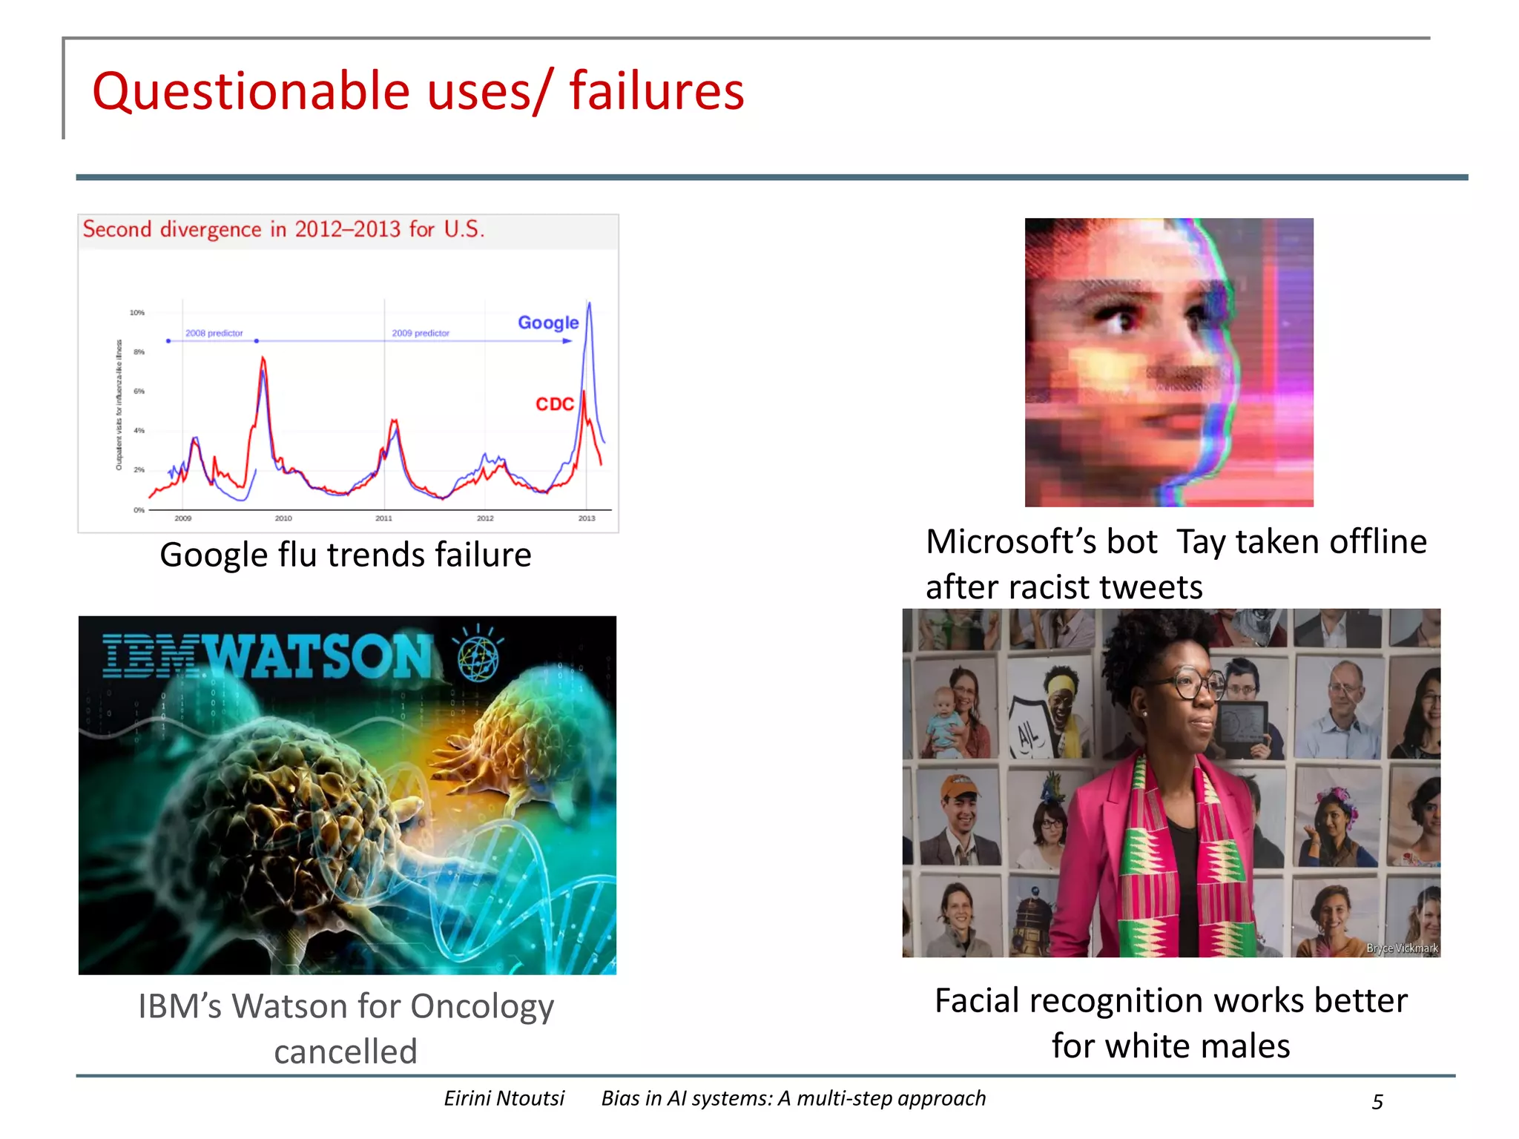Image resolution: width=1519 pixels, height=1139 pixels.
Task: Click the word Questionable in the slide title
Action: point(251,92)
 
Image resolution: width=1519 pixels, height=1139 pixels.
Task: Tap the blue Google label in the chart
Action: point(548,323)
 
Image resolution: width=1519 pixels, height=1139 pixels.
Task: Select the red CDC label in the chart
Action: point(555,404)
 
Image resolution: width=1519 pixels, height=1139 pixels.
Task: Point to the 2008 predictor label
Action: point(214,333)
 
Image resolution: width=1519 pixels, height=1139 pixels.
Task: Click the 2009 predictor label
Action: point(421,333)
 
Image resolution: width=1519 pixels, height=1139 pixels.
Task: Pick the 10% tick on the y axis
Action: point(137,313)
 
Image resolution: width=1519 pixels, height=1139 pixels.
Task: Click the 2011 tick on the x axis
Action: point(383,518)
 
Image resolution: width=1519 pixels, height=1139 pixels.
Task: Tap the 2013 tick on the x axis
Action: point(587,518)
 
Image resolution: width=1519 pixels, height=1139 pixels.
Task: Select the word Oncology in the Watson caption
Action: point(482,1007)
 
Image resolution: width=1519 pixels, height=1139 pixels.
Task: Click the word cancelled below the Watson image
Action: point(346,1051)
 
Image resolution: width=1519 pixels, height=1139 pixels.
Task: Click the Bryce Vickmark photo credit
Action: point(1402,948)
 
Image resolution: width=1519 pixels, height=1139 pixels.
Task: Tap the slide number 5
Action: point(1377,1102)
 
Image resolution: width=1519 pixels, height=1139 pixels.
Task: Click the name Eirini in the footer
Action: point(469,1098)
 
